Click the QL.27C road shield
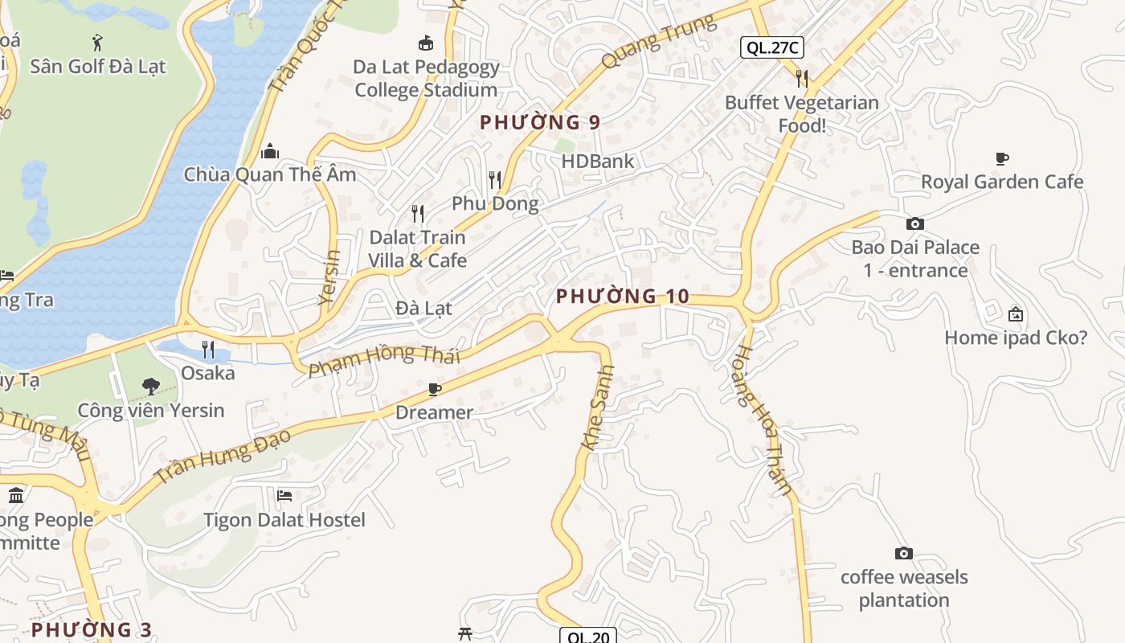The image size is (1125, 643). click(771, 47)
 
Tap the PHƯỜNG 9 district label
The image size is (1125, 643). click(540, 122)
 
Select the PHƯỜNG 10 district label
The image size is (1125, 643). click(623, 296)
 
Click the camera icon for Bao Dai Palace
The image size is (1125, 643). click(914, 223)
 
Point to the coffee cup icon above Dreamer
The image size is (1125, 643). click(434, 390)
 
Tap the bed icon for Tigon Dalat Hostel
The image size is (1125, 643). click(284, 495)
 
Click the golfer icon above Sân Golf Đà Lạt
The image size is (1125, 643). click(97, 42)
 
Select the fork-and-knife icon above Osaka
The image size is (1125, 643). click(208, 349)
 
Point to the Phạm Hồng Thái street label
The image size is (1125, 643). click(384, 358)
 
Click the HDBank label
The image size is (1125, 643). click(597, 161)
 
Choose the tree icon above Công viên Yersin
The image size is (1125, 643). click(150, 387)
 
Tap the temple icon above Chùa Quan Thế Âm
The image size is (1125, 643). click(270, 150)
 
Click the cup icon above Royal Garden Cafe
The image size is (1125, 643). click(1001, 158)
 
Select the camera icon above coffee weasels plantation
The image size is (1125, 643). click(904, 553)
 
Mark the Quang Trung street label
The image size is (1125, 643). click(658, 41)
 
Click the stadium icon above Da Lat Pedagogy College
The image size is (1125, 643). click(426, 42)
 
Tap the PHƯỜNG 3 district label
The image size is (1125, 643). click(92, 629)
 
